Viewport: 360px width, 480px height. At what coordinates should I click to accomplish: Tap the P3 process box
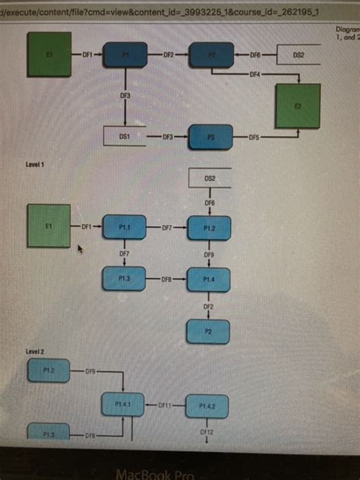click(210, 137)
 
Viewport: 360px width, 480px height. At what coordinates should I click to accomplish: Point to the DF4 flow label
click(254, 74)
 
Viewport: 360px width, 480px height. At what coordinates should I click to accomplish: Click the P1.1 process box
click(125, 226)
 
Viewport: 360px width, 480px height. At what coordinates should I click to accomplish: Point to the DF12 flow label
click(207, 431)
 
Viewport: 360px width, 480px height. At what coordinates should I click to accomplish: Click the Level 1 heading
click(36, 164)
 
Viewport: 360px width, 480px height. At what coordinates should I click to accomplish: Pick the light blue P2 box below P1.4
click(209, 331)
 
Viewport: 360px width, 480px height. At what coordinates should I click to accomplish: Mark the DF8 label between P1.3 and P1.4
click(166, 279)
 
